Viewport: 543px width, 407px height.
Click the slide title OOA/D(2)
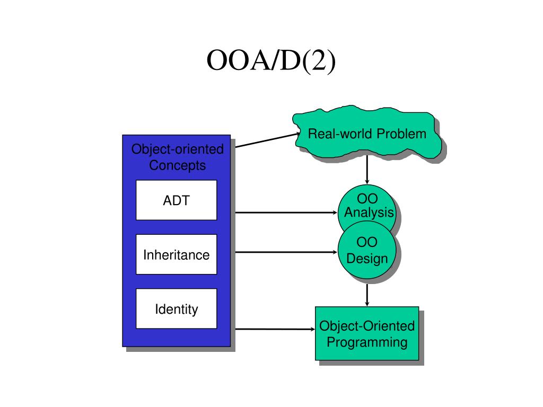point(271,60)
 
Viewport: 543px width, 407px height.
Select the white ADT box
point(176,200)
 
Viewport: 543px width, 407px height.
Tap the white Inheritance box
point(176,254)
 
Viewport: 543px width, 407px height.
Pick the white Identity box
point(176,309)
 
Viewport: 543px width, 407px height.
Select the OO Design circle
point(367,250)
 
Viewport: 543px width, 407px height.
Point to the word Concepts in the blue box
point(177,165)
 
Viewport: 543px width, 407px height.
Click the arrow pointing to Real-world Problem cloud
point(268,140)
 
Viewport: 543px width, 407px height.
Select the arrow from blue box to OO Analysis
point(286,213)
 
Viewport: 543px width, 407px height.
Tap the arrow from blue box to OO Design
point(286,252)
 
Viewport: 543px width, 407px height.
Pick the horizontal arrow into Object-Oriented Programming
point(275,329)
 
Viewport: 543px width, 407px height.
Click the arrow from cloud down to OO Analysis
point(367,170)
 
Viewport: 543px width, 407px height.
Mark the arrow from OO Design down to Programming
point(367,295)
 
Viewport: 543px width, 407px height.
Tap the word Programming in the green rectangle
point(367,342)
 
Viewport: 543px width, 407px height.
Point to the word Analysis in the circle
point(369,213)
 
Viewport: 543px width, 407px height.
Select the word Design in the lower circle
point(367,259)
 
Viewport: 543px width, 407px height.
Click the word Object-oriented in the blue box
point(177,149)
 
